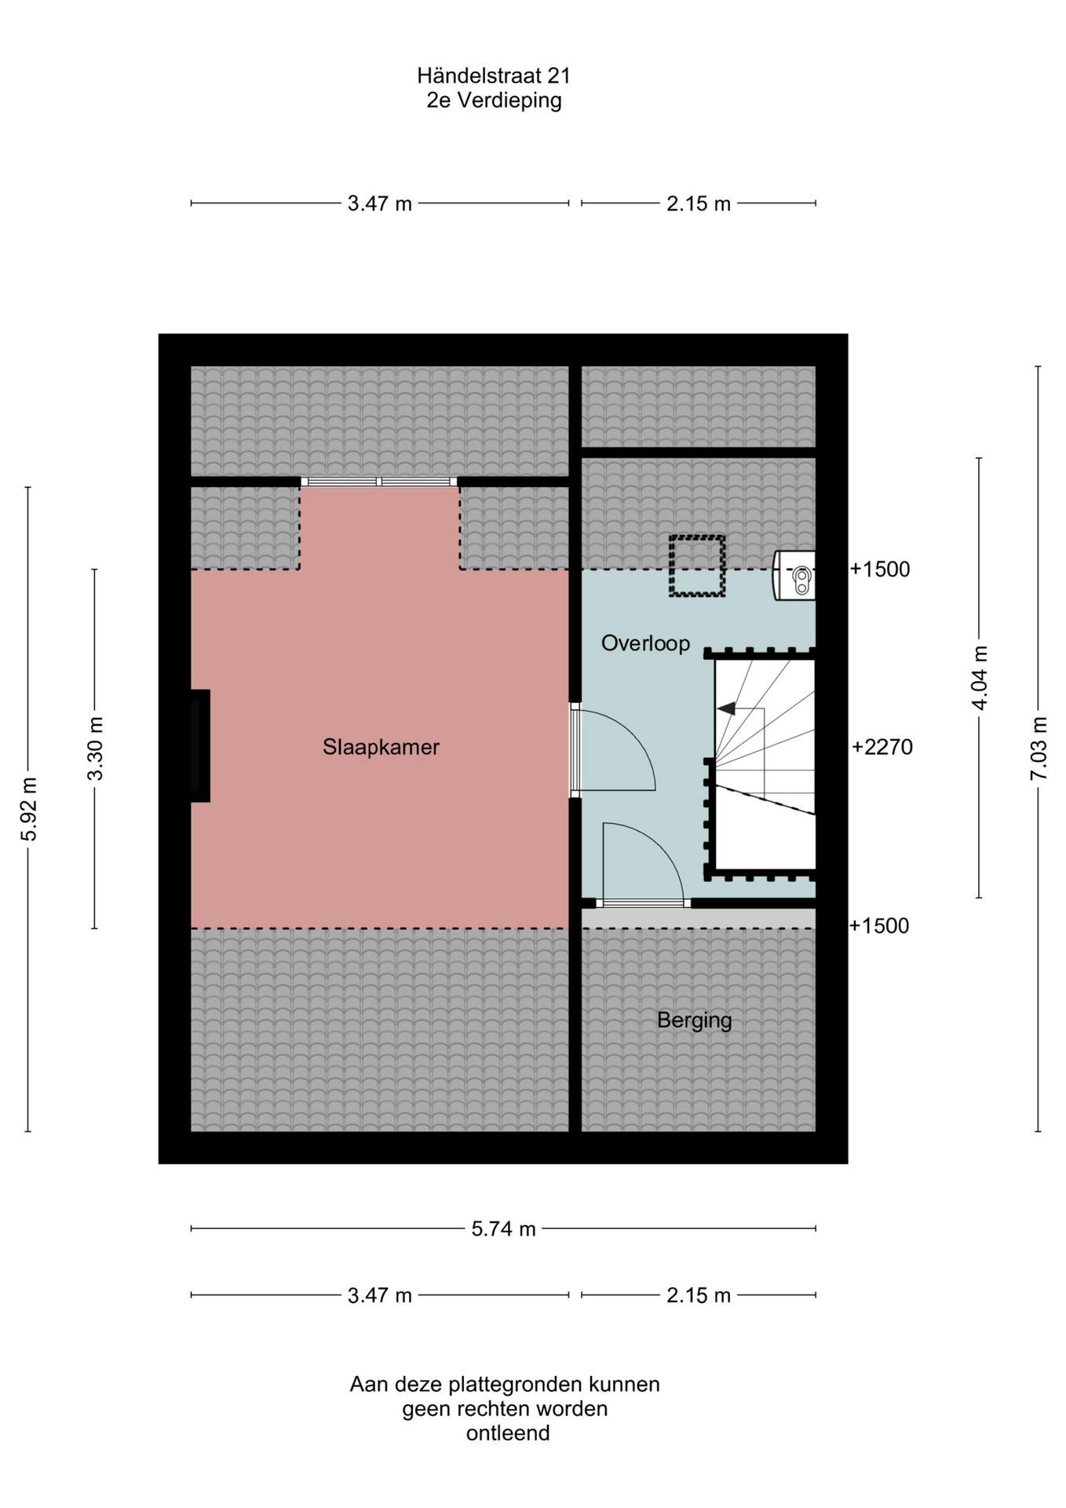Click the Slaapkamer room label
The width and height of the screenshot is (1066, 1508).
(381, 747)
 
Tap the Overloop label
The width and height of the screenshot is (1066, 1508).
(645, 643)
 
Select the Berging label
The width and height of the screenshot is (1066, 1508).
(694, 1020)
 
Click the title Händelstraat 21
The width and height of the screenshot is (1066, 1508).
(494, 75)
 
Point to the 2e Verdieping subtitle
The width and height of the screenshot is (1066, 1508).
(494, 101)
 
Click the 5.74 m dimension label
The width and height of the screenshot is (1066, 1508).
(503, 1228)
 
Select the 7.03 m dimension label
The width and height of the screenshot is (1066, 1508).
(1039, 748)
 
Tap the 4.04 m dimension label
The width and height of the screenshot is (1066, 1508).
(980, 678)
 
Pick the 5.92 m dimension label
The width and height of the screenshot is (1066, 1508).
(29, 809)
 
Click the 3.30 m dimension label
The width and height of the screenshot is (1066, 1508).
(95, 749)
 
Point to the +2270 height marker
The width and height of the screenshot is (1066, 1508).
(882, 747)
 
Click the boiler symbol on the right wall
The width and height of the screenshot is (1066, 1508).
(794, 576)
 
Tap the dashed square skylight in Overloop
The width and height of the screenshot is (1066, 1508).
(696, 565)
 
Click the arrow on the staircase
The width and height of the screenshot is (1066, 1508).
(726, 708)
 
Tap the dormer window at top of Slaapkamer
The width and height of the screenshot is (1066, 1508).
(380, 481)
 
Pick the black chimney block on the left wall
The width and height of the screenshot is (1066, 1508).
(200, 745)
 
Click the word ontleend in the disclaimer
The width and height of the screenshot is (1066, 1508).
(508, 1433)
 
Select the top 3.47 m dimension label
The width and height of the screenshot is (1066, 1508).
(380, 204)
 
